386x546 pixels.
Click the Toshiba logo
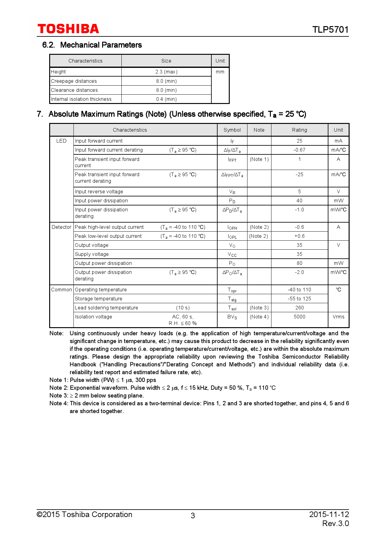coord(68,29)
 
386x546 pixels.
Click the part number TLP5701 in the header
coord(330,30)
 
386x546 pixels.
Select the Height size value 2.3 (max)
coord(166,72)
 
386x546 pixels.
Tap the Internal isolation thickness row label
coord(81,99)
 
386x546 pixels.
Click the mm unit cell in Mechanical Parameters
coord(220,72)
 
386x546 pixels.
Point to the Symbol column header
coord(232,130)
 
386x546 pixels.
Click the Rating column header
coord(299,130)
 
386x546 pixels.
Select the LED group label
coord(61,141)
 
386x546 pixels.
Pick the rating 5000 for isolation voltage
coord(299,317)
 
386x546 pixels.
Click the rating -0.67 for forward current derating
coord(299,150)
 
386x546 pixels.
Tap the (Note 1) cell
coord(259,159)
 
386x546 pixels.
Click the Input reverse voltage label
coord(99,192)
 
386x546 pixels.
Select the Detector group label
coord(62,227)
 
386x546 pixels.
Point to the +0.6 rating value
coord(299,236)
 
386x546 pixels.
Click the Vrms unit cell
coord(338,317)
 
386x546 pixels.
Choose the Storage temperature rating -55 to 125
coord(299,299)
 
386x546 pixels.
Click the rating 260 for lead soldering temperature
coord(299,308)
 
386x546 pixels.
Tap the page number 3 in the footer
coord(193,516)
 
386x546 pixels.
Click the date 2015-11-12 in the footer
coord(329,514)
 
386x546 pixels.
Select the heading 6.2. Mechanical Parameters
coord(92,45)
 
